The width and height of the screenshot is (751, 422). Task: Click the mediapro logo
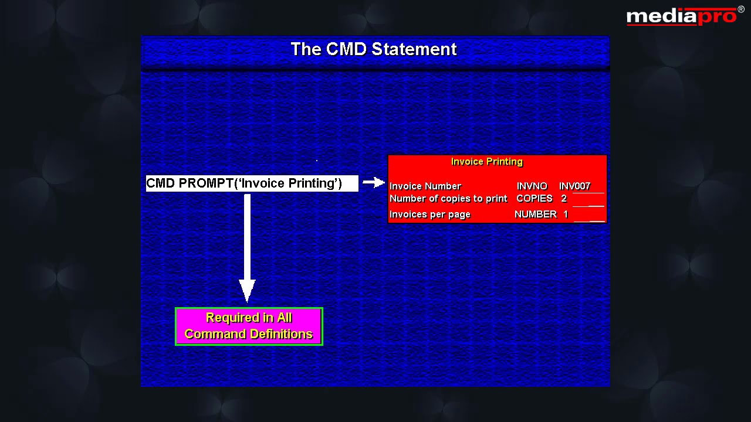tap(682, 16)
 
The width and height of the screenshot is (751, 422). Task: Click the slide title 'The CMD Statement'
tap(374, 49)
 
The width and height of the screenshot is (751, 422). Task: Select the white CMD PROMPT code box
tap(252, 183)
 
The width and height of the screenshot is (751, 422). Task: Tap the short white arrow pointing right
tap(374, 183)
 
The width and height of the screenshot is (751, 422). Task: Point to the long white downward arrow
tap(247, 246)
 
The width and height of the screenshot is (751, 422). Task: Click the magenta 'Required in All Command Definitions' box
tap(249, 326)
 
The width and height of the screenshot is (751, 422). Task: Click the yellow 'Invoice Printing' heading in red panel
tap(487, 162)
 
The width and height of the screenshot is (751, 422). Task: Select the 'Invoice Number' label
tap(425, 186)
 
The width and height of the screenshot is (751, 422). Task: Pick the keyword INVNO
tap(532, 186)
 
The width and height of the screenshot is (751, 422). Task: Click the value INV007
tap(574, 186)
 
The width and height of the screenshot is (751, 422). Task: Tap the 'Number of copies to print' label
tap(448, 199)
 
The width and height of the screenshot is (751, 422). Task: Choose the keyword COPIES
tap(534, 199)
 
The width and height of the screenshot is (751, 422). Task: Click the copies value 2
tap(564, 199)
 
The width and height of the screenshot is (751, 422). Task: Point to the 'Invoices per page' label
tap(430, 215)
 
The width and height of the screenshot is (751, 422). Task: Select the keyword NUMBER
tap(535, 215)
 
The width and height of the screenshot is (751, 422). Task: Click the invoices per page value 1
tap(566, 215)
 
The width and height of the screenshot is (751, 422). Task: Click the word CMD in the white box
tap(161, 183)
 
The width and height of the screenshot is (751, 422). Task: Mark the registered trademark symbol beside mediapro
tap(741, 9)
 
